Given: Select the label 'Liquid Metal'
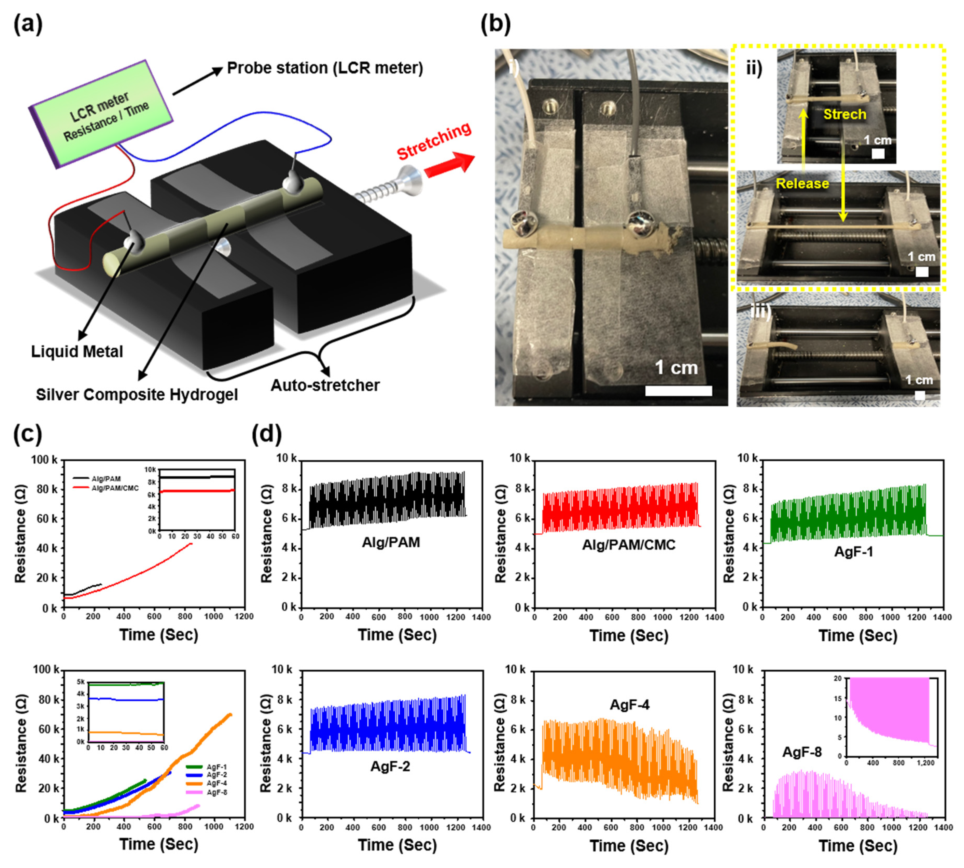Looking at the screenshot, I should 77,352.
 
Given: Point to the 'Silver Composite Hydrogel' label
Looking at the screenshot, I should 137,394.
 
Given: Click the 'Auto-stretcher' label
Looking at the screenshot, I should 325,385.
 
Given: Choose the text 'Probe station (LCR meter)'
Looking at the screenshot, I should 325,68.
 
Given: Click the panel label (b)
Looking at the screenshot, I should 496,24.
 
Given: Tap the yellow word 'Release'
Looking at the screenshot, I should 802,184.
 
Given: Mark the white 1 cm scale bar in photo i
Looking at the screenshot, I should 678,391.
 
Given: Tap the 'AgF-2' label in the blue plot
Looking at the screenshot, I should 390,766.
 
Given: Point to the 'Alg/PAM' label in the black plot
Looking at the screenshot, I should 391,542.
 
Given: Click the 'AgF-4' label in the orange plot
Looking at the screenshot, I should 630,705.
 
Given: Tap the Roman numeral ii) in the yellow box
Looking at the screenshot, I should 754,69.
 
